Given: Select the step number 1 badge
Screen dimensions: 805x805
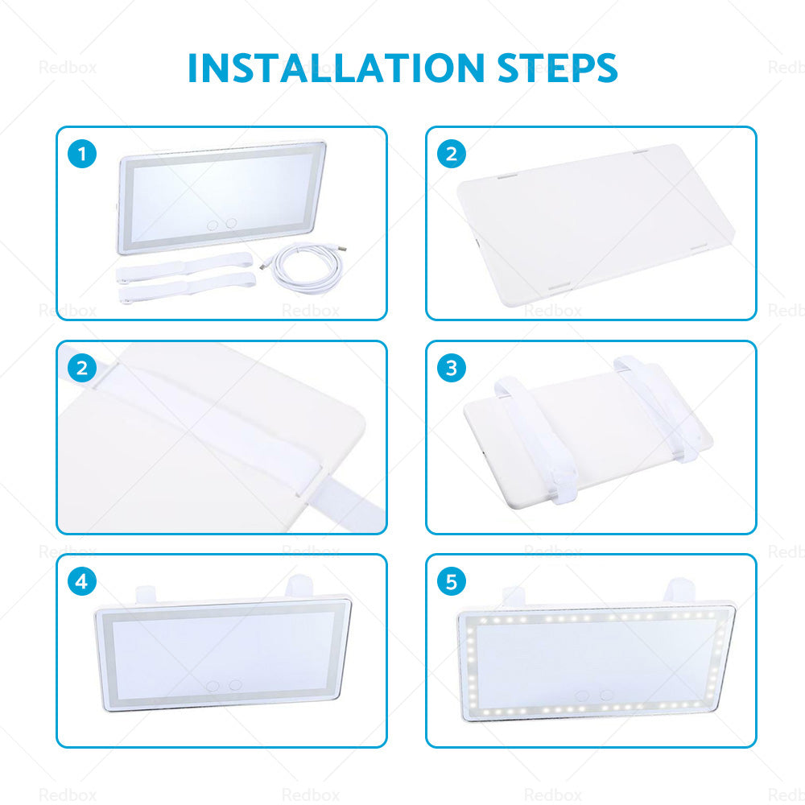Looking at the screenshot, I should [x=82, y=154].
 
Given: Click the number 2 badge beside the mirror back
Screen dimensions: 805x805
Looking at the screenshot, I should [x=451, y=154].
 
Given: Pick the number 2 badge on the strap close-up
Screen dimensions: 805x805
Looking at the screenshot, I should [x=82, y=368].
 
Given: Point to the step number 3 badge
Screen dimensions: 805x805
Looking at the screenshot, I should [x=451, y=368].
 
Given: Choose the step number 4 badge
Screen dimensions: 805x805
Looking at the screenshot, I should [x=82, y=581].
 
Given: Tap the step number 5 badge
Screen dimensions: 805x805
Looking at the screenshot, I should [x=451, y=581].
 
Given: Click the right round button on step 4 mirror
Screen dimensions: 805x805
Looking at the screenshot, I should [x=235, y=685].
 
